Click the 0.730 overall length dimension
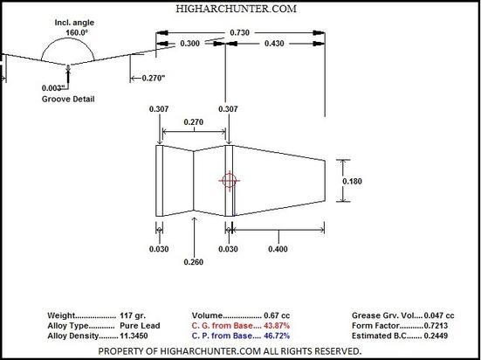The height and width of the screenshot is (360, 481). pyautogui.click(x=239, y=32)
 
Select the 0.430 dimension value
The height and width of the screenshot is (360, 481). pyautogui.click(x=274, y=44)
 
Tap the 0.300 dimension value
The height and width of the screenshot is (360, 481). pyautogui.click(x=189, y=44)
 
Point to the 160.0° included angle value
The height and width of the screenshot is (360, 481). pyautogui.click(x=77, y=32)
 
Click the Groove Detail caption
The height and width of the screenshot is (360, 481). pyautogui.click(x=68, y=100)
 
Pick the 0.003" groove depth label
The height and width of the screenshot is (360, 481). pyautogui.click(x=53, y=88)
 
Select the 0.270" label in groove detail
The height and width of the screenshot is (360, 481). pyautogui.click(x=154, y=79)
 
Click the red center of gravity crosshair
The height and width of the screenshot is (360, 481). pyautogui.click(x=229, y=181)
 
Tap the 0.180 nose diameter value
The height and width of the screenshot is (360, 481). pyautogui.click(x=352, y=181)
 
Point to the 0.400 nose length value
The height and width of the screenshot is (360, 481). pyautogui.click(x=278, y=249)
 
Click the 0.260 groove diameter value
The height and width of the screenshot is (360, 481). pyautogui.click(x=194, y=262)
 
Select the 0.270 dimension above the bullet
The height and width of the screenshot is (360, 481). pyautogui.click(x=194, y=122)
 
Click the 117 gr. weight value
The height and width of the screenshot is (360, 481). pyautogui.click(x=133, y=315)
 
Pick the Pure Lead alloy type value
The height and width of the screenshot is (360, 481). pyautogui.click(x=140, y=326)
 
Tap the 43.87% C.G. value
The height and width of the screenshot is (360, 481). pyautogui.click(x=277, y=326)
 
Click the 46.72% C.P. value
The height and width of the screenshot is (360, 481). pyautogui.click(x=277, y=336)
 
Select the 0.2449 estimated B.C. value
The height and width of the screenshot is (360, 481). pyautogui.click(x=436, y=336)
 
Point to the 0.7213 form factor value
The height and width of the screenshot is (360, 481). pyautogui.click(x=436, y=326)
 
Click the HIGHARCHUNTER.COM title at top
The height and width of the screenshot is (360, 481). pyautogui.click(x=237, y=9)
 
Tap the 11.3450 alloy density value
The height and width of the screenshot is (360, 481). pyautogui.click(x=134, y=336)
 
